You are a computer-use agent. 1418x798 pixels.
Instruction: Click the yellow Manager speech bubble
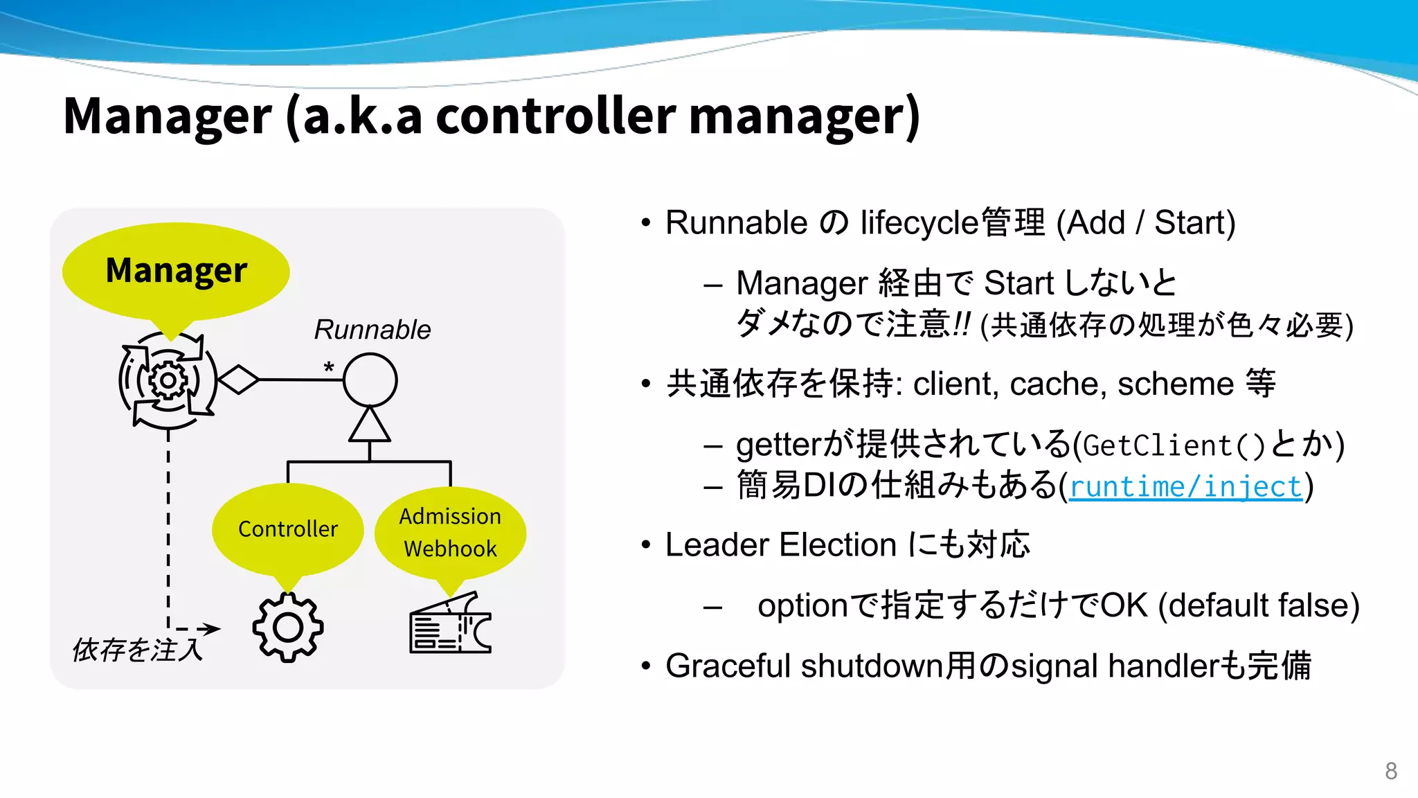pyautogui.click(x=176, y=270)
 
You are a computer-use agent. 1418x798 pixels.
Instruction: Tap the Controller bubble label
pyautogui.click(x=288, y=529)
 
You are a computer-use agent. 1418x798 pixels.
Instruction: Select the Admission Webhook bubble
pyautogui.click(x=450, y=532)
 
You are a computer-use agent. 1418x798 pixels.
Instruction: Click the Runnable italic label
pyautogui.click(x=372, y=330)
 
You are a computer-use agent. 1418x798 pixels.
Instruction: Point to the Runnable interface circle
pyautogui.click(x=370, y=380)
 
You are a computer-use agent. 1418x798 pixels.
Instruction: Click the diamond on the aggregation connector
pyautogui.click(x=238, y=380)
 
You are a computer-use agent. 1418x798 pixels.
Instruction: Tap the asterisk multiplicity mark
pyautogui.click(x=329, y=367)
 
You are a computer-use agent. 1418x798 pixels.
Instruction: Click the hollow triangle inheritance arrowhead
pyautogui.click(x=369, y=425)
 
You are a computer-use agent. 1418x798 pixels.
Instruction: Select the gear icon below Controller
pyautogui.click(x=288, y=628)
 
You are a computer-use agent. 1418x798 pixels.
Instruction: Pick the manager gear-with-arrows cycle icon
pyautogui.click(x=168, y=380)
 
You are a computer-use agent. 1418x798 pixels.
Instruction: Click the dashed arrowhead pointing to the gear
pyautogui.click(x=210, y=629)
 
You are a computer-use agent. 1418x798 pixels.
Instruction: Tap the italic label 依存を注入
pyautogui.click(x=137, y=650)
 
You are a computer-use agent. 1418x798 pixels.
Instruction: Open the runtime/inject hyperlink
pyautogui.click(x=1185, y=486)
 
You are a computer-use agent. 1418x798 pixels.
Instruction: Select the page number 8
pyautogui.click(x=1390, y=771)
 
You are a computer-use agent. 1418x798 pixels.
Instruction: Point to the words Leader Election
pyautogui.click(x=780, y=544)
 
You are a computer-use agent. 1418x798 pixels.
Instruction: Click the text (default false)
pyautogui.click(x=1259, y=605)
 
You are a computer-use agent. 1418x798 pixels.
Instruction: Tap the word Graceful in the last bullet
pyautogui.click(x=728, y=666)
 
